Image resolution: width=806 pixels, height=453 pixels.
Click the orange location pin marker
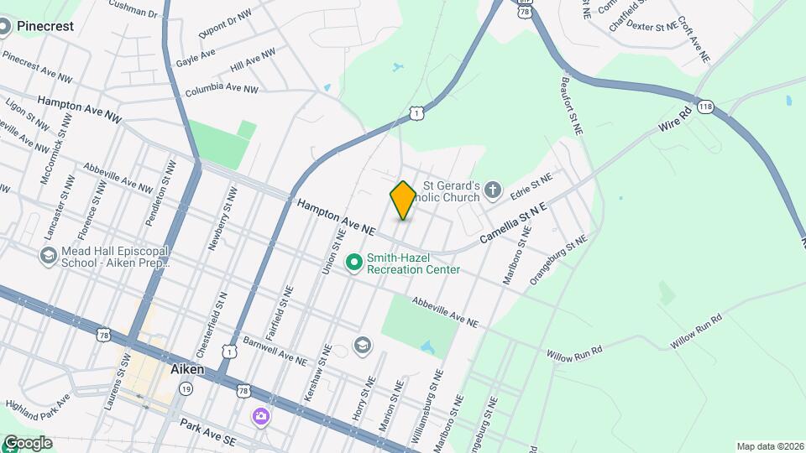(403, 200)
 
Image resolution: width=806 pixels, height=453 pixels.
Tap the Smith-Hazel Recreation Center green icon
(354, 263)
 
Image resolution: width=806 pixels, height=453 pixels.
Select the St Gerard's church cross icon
(493, 190)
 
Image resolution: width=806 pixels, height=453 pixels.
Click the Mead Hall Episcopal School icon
(49, 255)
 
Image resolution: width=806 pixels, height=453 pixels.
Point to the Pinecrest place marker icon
(6, 27)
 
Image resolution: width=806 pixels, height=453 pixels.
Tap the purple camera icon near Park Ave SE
(262, 415)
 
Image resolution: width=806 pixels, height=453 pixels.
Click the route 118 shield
(706, 107)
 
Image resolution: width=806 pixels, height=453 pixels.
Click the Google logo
(27, 443)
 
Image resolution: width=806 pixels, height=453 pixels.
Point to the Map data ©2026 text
(769, 446)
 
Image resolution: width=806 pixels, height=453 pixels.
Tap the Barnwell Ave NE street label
(275, 352)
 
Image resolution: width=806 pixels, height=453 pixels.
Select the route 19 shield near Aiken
(186, 389)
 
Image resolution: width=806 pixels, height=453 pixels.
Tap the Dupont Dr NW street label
(225, 25)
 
